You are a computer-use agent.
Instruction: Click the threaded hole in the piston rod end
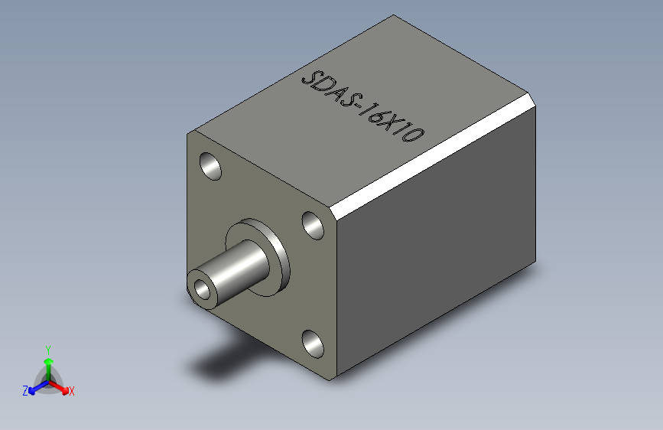tap(203, 289)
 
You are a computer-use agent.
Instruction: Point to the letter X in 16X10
tap(395, 127)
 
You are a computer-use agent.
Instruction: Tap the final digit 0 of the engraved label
tap(414, 137)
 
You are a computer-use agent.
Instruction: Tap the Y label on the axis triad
tap(47, 348)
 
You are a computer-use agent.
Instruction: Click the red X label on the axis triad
tap(72, 391)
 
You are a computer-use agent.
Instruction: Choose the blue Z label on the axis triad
tap(25, 390)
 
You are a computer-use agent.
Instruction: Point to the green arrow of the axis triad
tap(47, 363)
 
